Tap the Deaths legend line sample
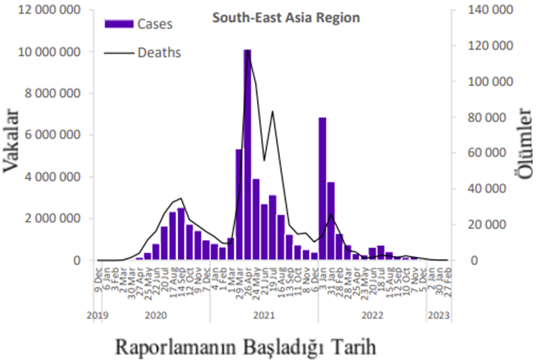click(119, 52)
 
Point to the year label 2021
click(264, 315)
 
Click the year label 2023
click(437, 315)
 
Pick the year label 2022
click(373, 315)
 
